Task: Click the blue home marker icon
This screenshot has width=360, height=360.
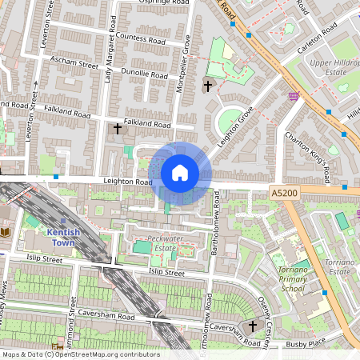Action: (180, 172)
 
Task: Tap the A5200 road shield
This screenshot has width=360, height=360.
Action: (284, 193)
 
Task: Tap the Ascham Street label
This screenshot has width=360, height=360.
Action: (73, 61)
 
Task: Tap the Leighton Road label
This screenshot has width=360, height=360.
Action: (127, 182)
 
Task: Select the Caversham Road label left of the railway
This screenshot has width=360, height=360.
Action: (110, 318)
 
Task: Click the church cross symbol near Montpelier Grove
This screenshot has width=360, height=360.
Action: (209, 85)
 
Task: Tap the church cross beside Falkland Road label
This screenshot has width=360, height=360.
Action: (118, 128)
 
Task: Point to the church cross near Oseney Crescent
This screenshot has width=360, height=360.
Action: (253, 326)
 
